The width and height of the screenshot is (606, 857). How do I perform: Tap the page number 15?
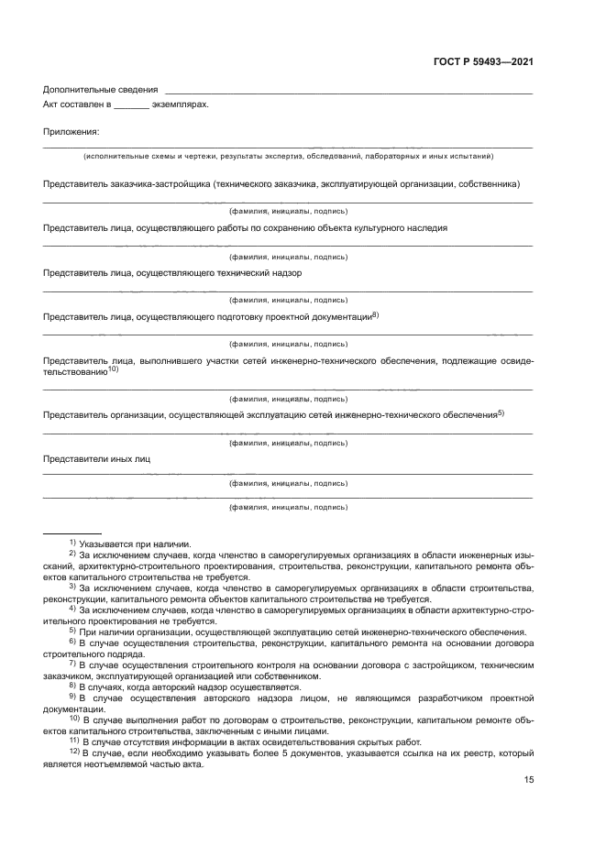[528, 754]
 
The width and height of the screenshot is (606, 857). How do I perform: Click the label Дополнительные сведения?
[99, 89]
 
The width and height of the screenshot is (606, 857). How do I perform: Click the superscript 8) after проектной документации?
[375, 314]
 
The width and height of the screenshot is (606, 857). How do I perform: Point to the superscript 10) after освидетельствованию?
[114, 369]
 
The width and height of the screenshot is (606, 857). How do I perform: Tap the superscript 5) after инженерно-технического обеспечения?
[501, 412]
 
